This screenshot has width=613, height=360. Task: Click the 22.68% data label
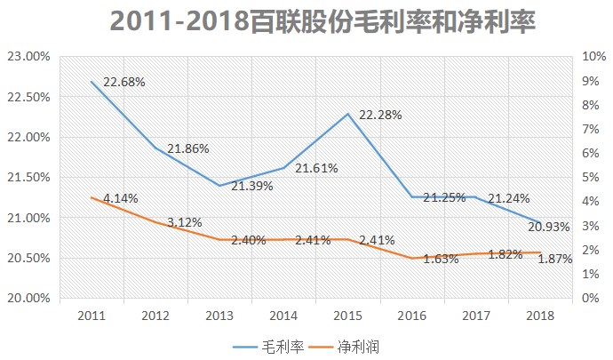pyautogui.click(x=123, y=82)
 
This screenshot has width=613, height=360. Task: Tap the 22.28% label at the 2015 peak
pyautogui.click(x=380, y=115)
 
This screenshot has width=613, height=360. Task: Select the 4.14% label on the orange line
pyautogui.click(x=120, y=197)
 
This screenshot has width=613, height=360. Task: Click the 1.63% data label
pyautogui.click(x=440, y=260)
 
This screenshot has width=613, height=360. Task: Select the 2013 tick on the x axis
pyautogui.click(x=220, y=316)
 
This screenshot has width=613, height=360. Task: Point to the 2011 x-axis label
pyautogui.click(x=92, y=316)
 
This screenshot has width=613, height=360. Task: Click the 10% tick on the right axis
pyautogui.click(x=593, y=57)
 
